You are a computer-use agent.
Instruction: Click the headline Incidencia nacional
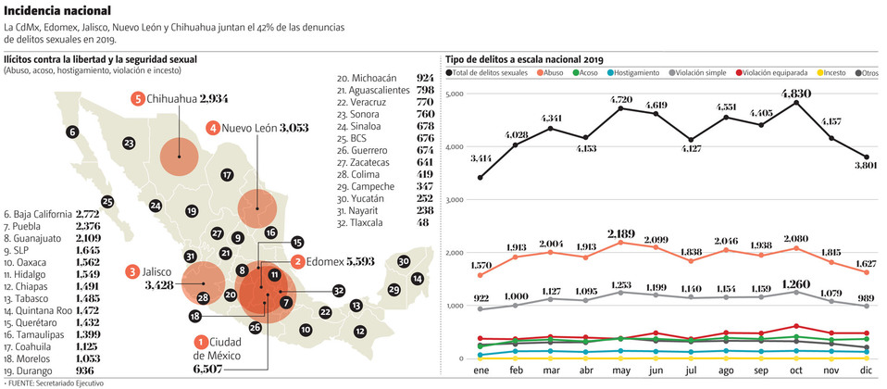(x=58, y=9)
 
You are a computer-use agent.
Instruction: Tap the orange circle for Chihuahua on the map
(x=179, y=157)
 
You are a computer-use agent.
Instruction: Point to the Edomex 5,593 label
(x=334, y=262)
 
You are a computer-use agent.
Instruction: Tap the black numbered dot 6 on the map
(x=73, y=132)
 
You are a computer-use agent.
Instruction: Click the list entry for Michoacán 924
(x=385, y=79)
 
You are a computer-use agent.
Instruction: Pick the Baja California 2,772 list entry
(x=52, y=213)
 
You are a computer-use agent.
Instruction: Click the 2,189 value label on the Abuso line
(x=622, y=232)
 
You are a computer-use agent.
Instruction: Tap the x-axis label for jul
(x=692, y=371)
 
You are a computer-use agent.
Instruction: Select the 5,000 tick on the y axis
(x=454, y=94)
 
